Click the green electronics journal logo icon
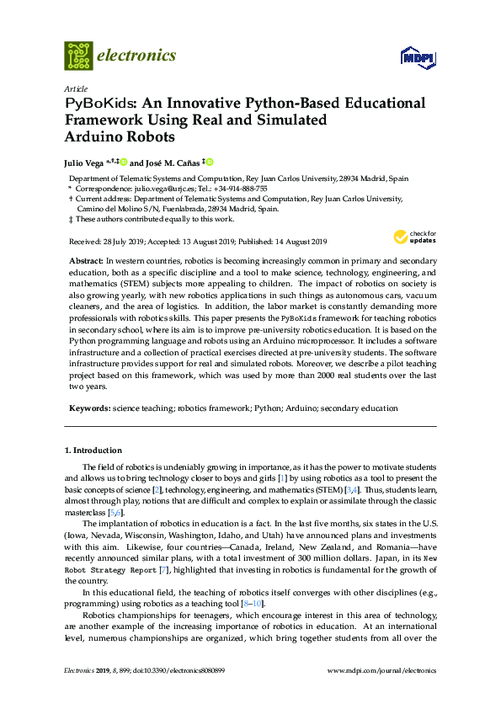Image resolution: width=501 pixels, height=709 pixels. click(x=78, y=56)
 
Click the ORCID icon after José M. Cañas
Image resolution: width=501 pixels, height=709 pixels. click(x=211, y=162)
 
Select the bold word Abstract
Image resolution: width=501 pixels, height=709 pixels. click(x=85, y=262)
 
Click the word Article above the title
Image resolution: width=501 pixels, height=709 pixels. click(x=75, y=88)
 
